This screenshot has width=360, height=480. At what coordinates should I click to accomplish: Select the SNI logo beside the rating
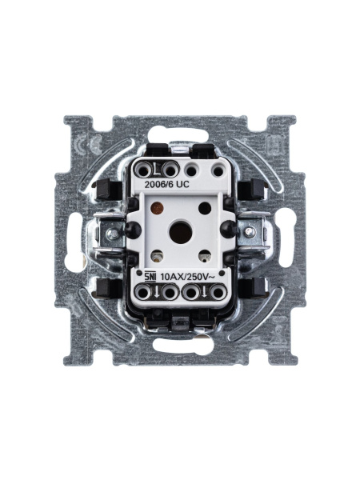coord(150,277)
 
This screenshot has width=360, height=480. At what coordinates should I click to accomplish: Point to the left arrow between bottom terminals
coord(159,293)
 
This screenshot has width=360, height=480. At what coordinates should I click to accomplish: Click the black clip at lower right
coord(258,286)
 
